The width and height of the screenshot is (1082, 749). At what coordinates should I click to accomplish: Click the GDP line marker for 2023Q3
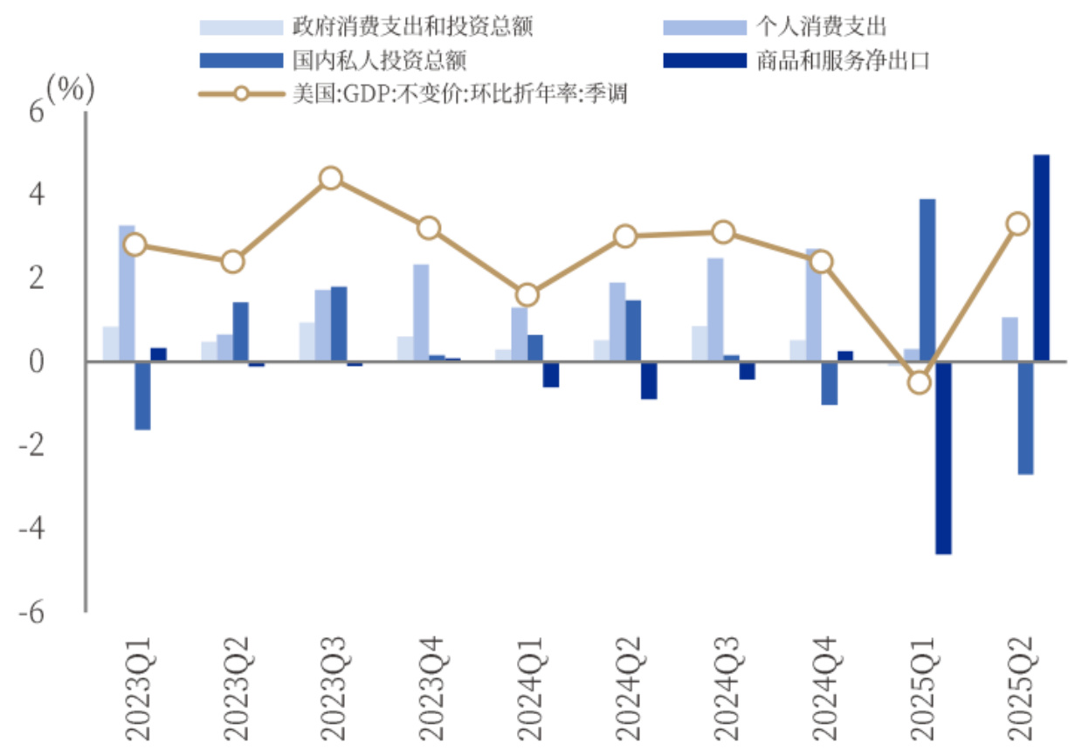coord(330,179)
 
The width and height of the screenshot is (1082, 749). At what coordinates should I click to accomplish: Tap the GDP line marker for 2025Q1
coord(919,382)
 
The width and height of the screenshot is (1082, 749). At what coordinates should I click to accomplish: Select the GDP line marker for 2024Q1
coord(527,295)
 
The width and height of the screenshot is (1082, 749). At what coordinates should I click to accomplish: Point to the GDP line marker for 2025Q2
coord(1017,224)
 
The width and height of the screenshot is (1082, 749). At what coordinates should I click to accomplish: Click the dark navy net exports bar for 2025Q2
coord(1041,258)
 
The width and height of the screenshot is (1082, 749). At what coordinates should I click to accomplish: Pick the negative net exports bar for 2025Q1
coord(943,457)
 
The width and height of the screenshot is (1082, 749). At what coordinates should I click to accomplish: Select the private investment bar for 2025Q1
coord(927,279)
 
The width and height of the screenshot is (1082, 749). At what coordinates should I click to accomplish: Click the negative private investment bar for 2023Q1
coord(142,395)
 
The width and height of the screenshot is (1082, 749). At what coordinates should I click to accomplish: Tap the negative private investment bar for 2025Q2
coord(1025,418)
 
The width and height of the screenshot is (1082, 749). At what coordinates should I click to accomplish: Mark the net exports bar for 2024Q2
coord(649,381)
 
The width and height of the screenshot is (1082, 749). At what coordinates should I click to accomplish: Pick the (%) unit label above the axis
coord(70,89)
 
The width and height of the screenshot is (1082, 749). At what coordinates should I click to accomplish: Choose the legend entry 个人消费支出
coord(822,26)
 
